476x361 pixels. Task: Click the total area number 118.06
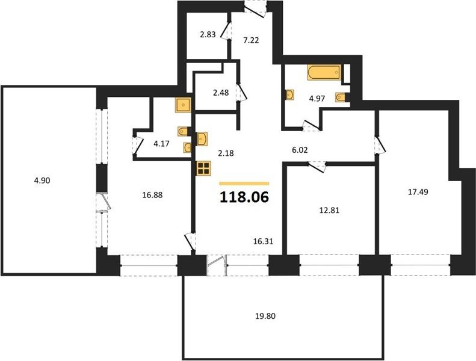click(x=244, y=197)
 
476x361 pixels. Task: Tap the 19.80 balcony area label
click(x=265, y=316)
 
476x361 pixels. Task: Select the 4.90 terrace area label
click(x=42, y=180)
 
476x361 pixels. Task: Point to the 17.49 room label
click(x=418, y=192)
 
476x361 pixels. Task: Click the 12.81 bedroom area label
click(x=329, y=210)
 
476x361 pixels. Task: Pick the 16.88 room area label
click(x=152, y=195)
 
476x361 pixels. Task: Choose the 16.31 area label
click(x=263, y=241)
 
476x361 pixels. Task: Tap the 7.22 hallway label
click(x=252, y=40)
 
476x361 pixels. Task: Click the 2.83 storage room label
click(x=208, y=35)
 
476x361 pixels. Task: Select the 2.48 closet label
click(x=221, y=93)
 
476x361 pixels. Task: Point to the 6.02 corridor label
click(x=299, y=150)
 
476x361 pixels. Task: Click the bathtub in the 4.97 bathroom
click(x=324, y=72)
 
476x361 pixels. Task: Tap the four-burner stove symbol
click(x=203, y=168)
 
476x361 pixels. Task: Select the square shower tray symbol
click(x=183, y=105)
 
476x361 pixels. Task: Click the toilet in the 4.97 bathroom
click(x=341, y=97)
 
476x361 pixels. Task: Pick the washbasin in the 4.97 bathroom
click(x=290, y=94)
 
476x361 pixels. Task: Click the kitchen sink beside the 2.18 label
click(x=202, y=139)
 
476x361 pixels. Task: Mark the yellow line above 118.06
click(x=244, y=184)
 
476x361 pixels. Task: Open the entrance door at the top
click(x=256, y=8)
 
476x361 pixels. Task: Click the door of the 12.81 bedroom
click(x=317, y=167)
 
